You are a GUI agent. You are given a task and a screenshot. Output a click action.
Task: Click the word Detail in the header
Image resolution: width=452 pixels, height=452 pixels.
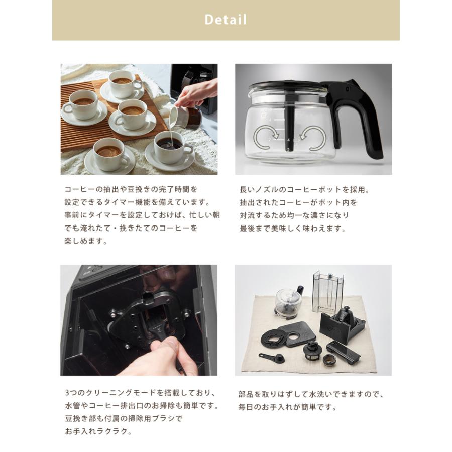[x=225, y=20]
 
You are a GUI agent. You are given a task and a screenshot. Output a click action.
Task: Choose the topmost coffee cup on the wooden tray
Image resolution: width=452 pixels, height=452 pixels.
[x=122, y=84]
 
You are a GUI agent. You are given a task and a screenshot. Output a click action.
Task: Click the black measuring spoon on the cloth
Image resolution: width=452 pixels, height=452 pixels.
[x=272, y=358]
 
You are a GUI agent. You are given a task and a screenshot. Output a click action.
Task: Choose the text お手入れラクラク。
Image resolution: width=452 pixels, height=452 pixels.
[x=98, y=431]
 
